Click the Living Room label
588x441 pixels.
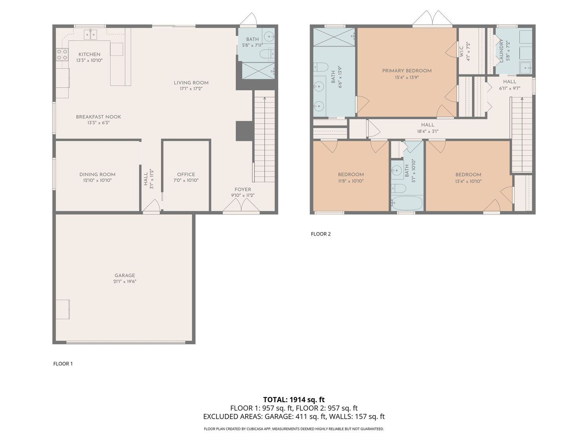[x=191, y=83]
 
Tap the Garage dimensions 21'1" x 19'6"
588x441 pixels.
[x=125, y=281]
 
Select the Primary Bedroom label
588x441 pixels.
[x=407, y=71]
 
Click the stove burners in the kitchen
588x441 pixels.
[x=62, y=54]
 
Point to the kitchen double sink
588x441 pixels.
[x=91, y=34]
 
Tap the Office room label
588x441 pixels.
[x=186, y=174]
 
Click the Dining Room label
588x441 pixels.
[x=97, y=174]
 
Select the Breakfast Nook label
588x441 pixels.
[x=98, y=117]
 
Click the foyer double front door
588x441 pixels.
[x=241, y=207]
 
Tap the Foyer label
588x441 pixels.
[x=243, y=189]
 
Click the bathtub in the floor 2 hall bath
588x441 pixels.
[x=407, y=203]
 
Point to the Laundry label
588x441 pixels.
[x=501, y=51]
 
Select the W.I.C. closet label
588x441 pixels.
[x=461, y=51]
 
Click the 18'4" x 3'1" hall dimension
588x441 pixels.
[x=428, y=131]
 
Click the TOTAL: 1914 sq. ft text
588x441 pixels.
[x=294, y=399]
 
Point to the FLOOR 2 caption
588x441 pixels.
[x=321, y=234]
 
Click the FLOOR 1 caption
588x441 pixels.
[x=63, y=364]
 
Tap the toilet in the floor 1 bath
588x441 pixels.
[x=267, y=54]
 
